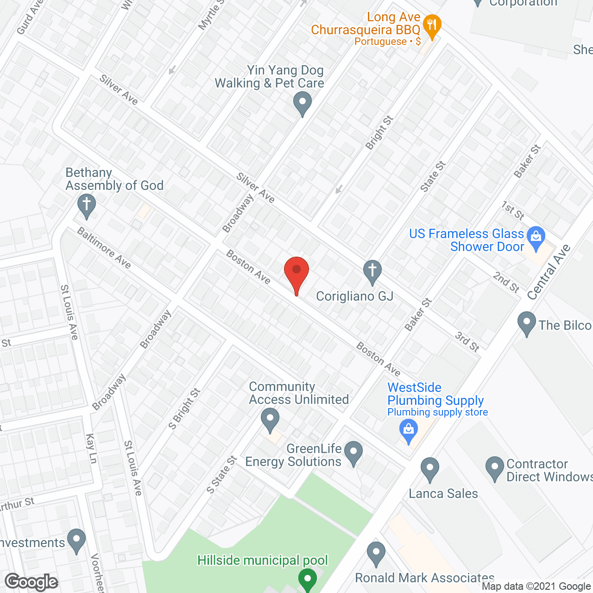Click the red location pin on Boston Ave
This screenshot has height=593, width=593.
(x=296, y=271)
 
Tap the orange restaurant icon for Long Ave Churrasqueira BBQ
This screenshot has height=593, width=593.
(x=432, y=27)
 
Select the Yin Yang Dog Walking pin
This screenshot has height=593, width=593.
(x=303, y=103)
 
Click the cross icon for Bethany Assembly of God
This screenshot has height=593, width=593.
(x=86, y=205)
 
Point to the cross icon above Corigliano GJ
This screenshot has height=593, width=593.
(x=372, y=271)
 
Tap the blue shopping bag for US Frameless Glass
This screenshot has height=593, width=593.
(x=536, y=238)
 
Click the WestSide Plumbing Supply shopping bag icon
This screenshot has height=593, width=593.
(x=409, y=430)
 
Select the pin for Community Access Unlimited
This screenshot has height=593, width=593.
(x=270, y=419)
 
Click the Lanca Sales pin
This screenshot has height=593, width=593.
(x=430, y=469)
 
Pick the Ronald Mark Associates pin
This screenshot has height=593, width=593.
(x=376, y=553)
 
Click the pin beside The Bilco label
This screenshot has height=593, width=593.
(x=526, y=323)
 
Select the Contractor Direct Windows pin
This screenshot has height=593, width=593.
(x=494, y=468)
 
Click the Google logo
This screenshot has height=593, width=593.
(x=32, y=582)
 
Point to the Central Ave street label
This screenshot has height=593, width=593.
(x=549, y=272)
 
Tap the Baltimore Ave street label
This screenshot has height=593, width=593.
(x=104, y=247)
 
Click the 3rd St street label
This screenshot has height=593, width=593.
(x=467, y=341)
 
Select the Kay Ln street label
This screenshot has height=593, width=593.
(x=92, y=448)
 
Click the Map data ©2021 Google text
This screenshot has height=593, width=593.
(x=536, y=587)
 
